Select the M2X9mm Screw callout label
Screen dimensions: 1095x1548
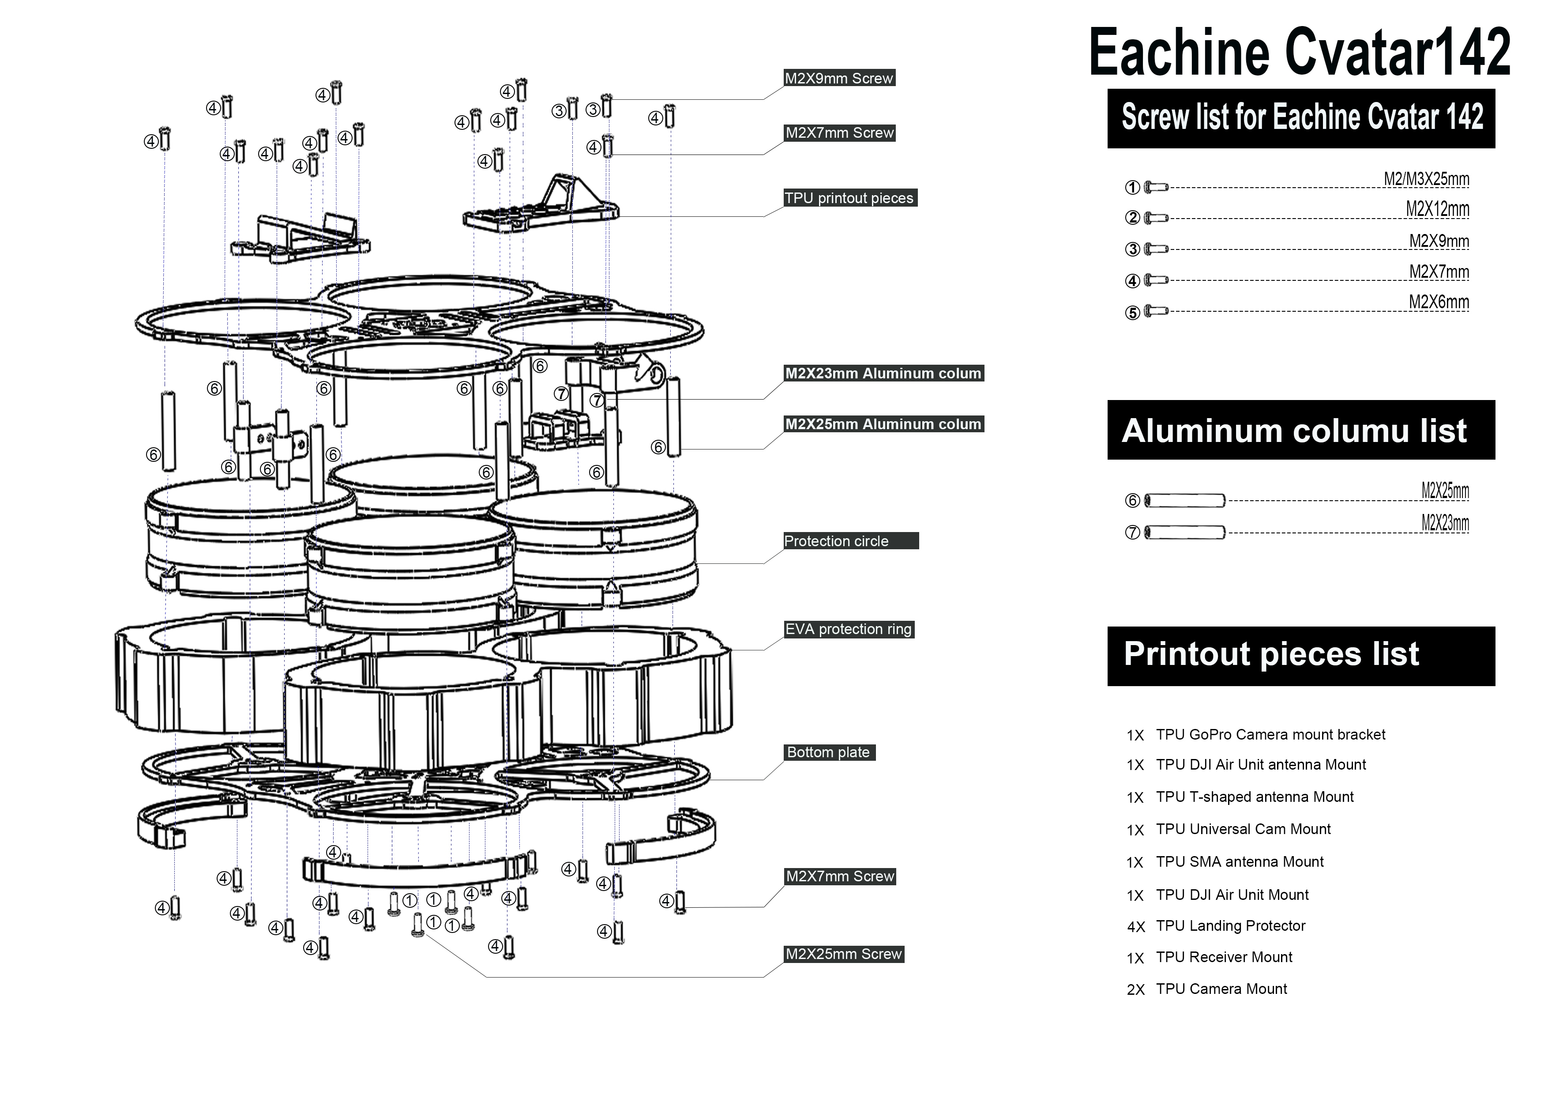(x=839, y=78)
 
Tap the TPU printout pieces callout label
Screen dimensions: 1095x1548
(x=849, y=198)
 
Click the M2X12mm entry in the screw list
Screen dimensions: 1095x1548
(x=1437, y=209)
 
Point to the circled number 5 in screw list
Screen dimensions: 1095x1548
(x=1132, y=312)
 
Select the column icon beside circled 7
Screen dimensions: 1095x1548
(x=1184, y=532)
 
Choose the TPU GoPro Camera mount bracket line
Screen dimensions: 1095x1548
(x=1270, y=734)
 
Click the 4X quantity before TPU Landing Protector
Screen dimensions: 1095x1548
(x=1135, y=927)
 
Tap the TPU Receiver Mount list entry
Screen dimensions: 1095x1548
(x=1224, y=957)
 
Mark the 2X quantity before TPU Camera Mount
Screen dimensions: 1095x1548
(x=1135, y=990)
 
